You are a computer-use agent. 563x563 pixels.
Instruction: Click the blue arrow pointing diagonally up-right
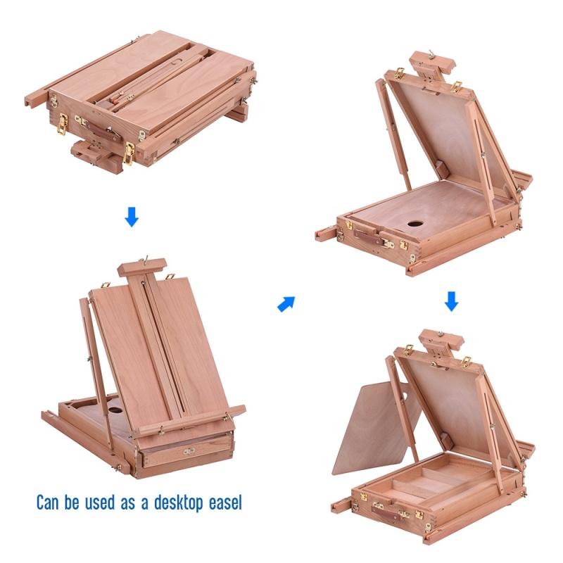(286, 303)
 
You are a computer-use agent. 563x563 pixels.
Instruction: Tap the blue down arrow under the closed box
(132, 217)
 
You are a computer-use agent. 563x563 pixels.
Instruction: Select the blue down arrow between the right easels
(452, 301)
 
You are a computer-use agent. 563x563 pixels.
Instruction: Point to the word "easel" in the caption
(222, 503)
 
